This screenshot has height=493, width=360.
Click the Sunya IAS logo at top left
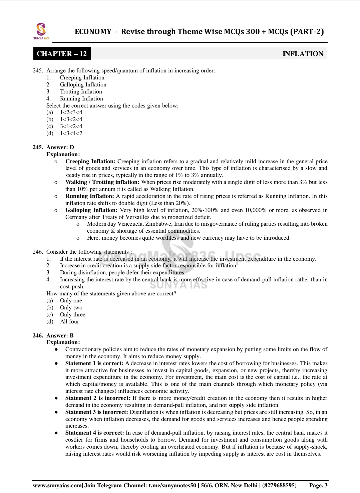(x=41, y=31)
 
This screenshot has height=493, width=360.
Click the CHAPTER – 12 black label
(x=62, y=54)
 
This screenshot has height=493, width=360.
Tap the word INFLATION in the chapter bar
(x=303, y=54)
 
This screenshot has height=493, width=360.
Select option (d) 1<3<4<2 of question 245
(x=71, y=134)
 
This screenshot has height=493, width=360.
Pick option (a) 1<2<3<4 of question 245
(x=71, y=112)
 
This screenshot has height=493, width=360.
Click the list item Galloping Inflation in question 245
(x=83, y=85)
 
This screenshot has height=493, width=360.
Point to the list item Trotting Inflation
(x=81, y=92)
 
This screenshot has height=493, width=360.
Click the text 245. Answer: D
(x=53, y=147)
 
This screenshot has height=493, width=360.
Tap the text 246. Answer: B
(x=53, y=335)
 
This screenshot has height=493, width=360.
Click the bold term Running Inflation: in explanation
(x=89, y=196)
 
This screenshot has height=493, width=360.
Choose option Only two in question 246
(x=71, y=308)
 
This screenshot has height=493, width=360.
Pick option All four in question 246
(x=69, y=322)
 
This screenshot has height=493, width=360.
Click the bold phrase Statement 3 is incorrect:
(x=96, y=412)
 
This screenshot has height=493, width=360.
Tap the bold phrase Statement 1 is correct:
(x=94, y=363)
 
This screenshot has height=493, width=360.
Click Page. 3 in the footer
(x=318, y=485)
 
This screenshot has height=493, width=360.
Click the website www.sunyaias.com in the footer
(x=57, y=485)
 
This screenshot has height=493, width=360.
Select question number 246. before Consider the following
(x=38, y=252)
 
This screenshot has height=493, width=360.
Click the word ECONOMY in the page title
(x=93, y=32)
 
